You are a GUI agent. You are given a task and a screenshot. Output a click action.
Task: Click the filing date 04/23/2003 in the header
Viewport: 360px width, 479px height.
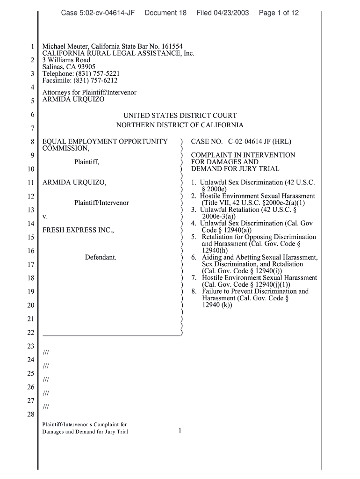(223, 13)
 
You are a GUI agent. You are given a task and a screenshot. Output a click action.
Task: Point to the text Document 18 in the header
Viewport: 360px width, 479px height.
(166, 13)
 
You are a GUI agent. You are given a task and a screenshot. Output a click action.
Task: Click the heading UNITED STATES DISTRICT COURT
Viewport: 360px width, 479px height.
(180, 115)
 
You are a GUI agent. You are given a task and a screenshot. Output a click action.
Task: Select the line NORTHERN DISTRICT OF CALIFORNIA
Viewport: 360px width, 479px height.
(180, 125)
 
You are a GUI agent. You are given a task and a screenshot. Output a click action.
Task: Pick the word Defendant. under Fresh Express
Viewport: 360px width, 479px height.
(101, 257)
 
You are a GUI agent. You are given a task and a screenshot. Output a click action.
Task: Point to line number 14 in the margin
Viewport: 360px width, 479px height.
(31, 224)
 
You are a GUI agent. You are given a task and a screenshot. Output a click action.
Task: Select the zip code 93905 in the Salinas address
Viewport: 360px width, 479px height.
(86, 67)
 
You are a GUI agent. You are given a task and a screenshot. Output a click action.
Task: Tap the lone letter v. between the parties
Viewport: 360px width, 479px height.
(45, 217)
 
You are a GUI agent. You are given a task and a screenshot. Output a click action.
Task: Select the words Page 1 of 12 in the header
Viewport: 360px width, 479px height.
(279, 13)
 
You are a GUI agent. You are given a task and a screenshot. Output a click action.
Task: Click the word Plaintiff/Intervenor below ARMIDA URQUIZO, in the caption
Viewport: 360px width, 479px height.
(101, 203)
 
